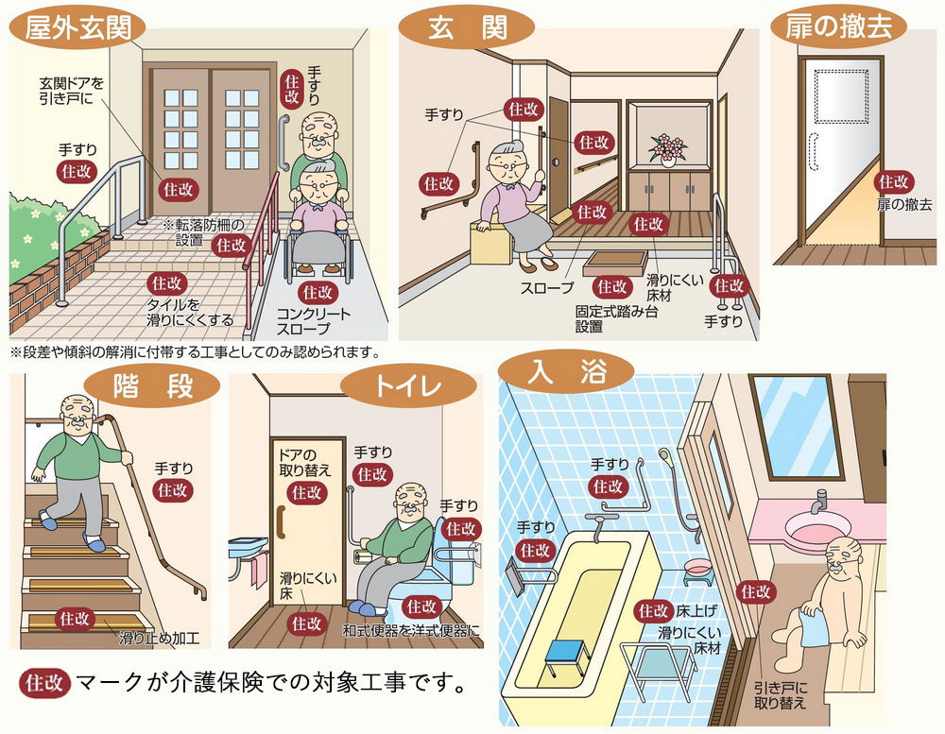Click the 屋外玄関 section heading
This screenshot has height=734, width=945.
click(75, 25)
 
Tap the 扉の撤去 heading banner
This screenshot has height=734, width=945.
click(839, 26)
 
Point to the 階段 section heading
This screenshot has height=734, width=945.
click(153, 387)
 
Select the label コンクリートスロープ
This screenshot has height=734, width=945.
click(314, 321)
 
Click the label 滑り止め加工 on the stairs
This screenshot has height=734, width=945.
click(159, 636)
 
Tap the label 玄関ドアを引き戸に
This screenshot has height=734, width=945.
click(72, 91)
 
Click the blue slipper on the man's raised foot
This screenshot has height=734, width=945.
click(45, 519)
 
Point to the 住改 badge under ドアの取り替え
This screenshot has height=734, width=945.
click(306, 492)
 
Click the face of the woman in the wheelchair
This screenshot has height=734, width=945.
click(318, 182)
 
